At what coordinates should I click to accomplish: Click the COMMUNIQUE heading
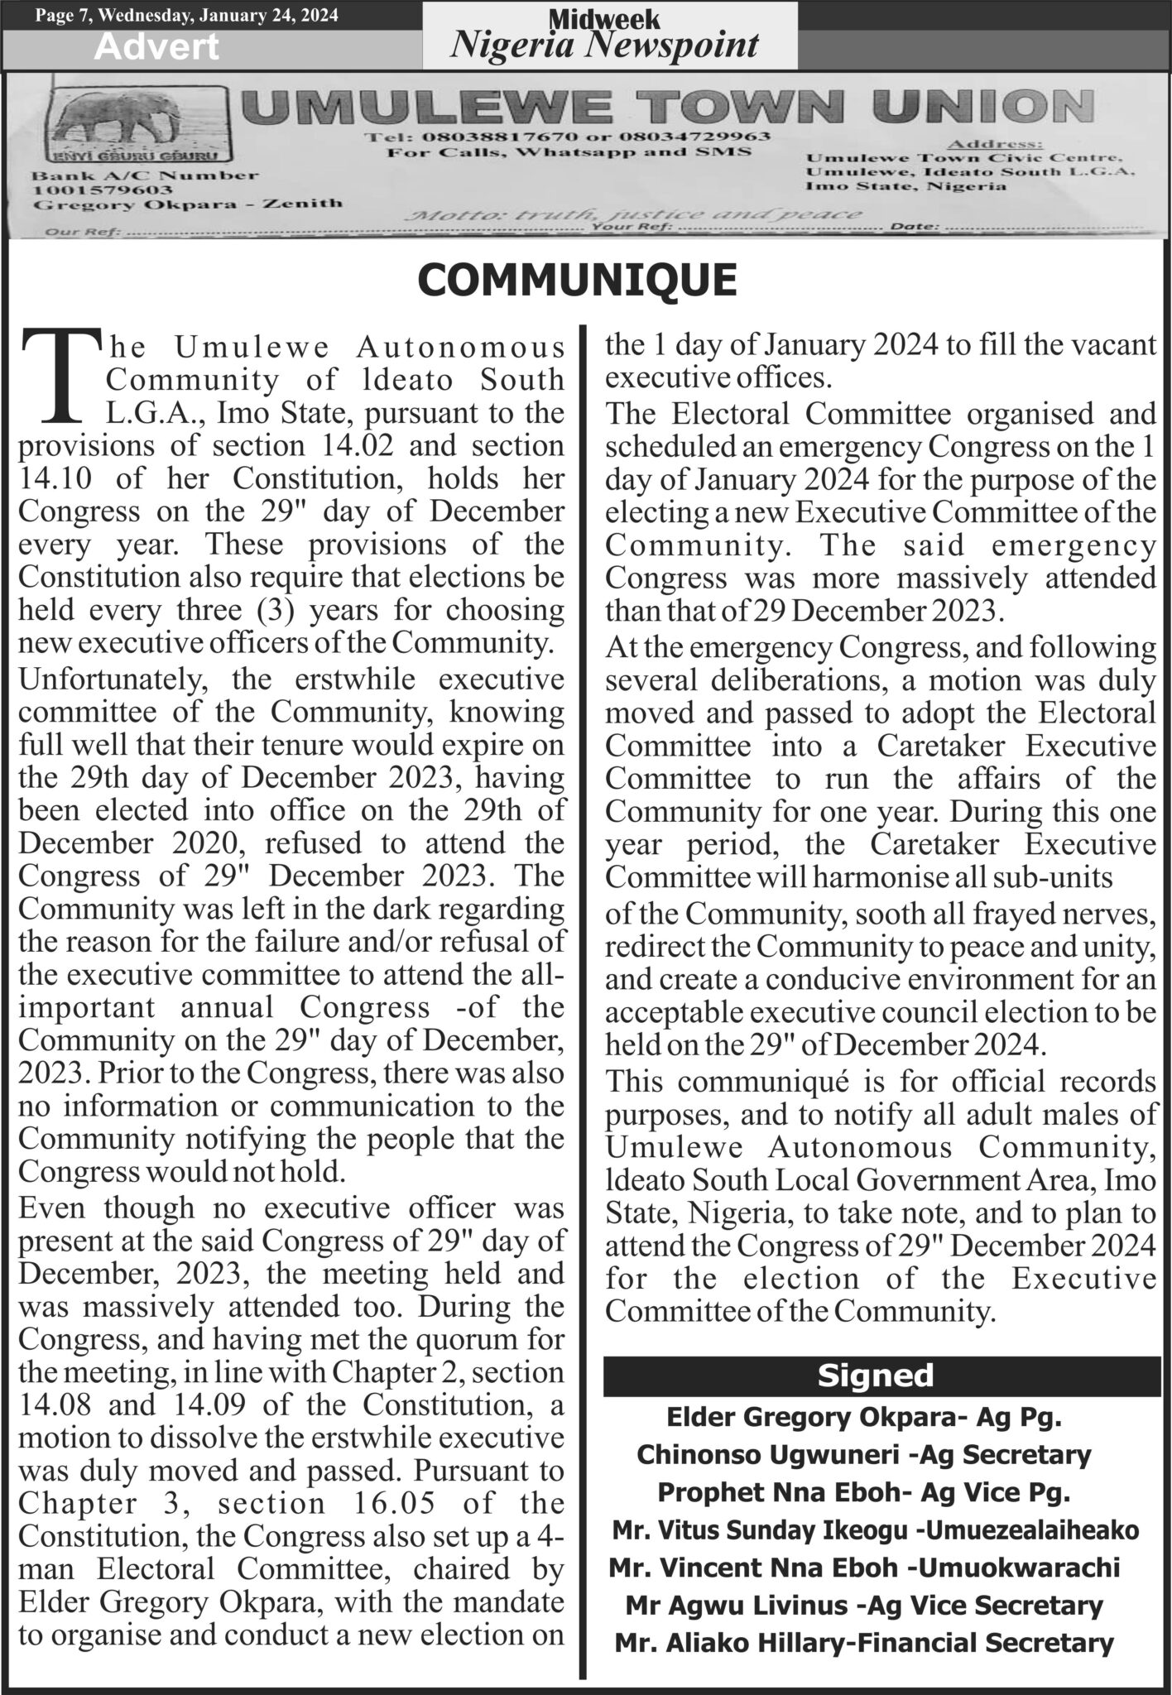tap(578, 280)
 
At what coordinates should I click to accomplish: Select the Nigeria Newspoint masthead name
tap(603, 44)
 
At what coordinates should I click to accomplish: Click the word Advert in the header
tap(156, 47)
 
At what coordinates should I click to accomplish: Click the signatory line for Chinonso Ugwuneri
tap(864, 1454)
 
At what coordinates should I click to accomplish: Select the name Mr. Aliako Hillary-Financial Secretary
tap(864, 1643)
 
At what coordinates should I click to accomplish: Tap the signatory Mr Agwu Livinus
tap(864, 1606)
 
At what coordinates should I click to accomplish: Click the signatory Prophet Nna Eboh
tap(864, 1492)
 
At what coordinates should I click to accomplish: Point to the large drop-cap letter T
tap(62, 375)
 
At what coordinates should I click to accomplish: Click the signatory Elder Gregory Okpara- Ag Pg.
tap(864, 1417)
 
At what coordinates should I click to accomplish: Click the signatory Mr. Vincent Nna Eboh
tap(864, 1568)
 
